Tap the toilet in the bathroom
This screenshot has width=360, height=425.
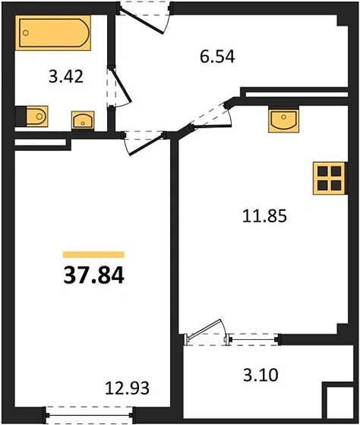pyautogui.click(x=32, y=116)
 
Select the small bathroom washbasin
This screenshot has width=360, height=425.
pyautogui.click(x=81, y=120)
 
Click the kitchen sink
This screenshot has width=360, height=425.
pyautogui.click(x=283, y=119)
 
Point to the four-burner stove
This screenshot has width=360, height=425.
pyautogui.click(x=329, y=179)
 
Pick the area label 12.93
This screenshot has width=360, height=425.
pyautogui.click(x=127, y=389)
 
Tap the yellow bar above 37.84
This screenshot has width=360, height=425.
pyautogui.click(x=93, y=254)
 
